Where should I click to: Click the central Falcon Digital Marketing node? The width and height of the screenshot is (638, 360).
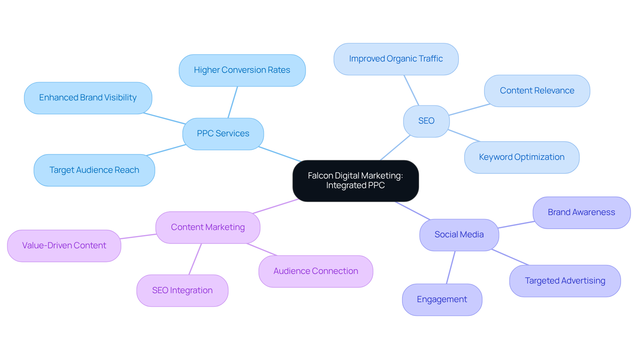355,180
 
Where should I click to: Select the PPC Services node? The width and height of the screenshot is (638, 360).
223,134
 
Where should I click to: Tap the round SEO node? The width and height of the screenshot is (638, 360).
426,121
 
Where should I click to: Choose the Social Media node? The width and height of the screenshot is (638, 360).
459,235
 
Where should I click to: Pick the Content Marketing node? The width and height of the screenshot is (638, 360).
208,227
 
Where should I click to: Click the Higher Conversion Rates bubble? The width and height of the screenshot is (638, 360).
242,70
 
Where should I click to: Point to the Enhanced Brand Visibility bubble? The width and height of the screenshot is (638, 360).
88,98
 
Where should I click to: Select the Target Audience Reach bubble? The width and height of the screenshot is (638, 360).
94,170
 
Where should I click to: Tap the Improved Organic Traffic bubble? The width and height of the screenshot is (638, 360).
396,59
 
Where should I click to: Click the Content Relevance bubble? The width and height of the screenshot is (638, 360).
537,91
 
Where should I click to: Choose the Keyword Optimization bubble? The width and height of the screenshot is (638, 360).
521,157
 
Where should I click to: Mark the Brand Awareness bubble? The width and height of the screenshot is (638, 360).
581,212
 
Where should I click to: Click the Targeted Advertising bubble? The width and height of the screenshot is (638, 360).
565,281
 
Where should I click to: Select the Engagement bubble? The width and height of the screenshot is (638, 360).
442,300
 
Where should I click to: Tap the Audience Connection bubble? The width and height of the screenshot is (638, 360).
315,271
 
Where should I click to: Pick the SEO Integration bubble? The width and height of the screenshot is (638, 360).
182,291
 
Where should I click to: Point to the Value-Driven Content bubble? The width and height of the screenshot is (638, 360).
64,246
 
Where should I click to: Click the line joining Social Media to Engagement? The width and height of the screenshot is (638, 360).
451,267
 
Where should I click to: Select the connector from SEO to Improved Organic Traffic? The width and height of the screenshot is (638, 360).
411,90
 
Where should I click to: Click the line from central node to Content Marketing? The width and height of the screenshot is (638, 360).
275,206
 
